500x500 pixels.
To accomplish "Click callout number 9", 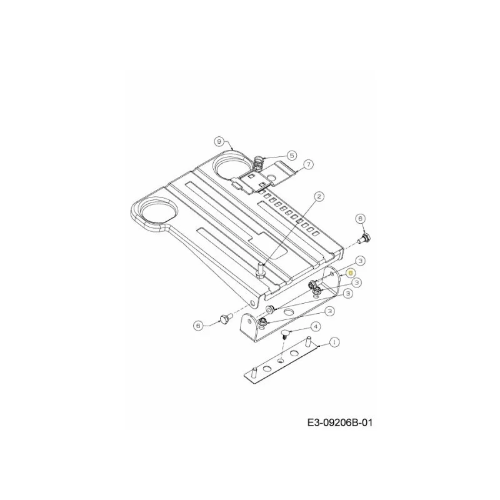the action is point(219,141).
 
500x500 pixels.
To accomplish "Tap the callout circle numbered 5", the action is point(292,155).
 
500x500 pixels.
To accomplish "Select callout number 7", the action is point(308,164).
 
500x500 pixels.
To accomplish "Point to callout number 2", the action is point(319,196).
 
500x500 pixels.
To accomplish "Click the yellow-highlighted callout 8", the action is point(351,273).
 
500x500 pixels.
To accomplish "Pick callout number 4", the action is point(316,326).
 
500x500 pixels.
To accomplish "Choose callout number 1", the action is point(334,342).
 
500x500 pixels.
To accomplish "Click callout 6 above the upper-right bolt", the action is point(361,218).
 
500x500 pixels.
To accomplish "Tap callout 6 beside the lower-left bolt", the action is point(198,326).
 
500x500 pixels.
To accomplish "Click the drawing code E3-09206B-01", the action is point(339,423).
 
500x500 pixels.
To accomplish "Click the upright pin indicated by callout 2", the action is point(260,270).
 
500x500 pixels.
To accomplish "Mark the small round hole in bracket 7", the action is point(271,176).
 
